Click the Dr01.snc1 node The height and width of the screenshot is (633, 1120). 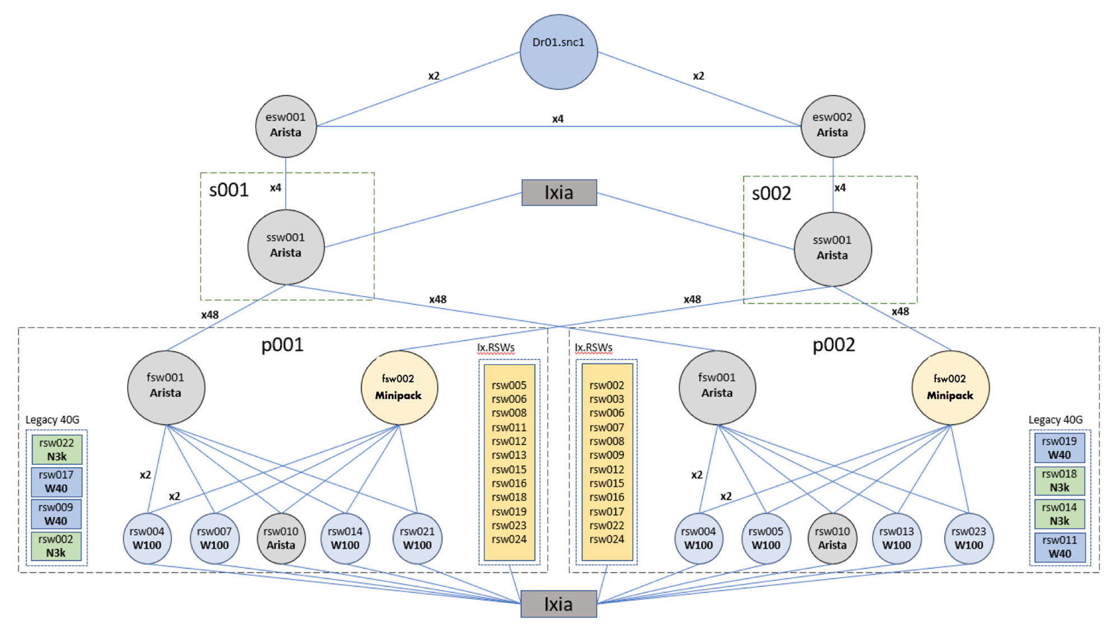pos(558,52)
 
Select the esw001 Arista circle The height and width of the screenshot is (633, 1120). pos(286,126)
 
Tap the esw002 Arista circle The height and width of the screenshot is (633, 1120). pos(833,126)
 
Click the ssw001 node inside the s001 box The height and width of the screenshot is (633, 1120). pos(286,247)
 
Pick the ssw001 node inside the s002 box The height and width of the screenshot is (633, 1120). pos(833,249)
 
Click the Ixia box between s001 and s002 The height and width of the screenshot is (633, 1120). pos(559,193)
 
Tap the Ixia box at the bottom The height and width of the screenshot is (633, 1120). pos(558,604)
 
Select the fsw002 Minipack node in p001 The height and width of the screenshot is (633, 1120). pos(399,388)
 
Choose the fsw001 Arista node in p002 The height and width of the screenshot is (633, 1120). pos(717,388)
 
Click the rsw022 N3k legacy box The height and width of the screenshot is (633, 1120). pos(57,449)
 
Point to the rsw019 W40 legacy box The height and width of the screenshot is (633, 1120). pos(1060,448)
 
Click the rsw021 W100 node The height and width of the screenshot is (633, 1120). pos(417,538)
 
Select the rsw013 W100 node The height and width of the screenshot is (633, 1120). pos(897,538)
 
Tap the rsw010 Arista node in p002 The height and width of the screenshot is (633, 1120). pos(832,538)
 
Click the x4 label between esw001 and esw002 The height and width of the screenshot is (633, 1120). pos(558,119)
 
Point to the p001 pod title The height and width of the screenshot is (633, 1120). pos(282,345)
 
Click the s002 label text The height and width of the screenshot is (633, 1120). pos(771,193)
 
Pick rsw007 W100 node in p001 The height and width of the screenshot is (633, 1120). pos(214,538)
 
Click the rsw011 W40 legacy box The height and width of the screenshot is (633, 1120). pos(1060,547)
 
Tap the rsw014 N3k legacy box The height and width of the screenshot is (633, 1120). pos(1060,514)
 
